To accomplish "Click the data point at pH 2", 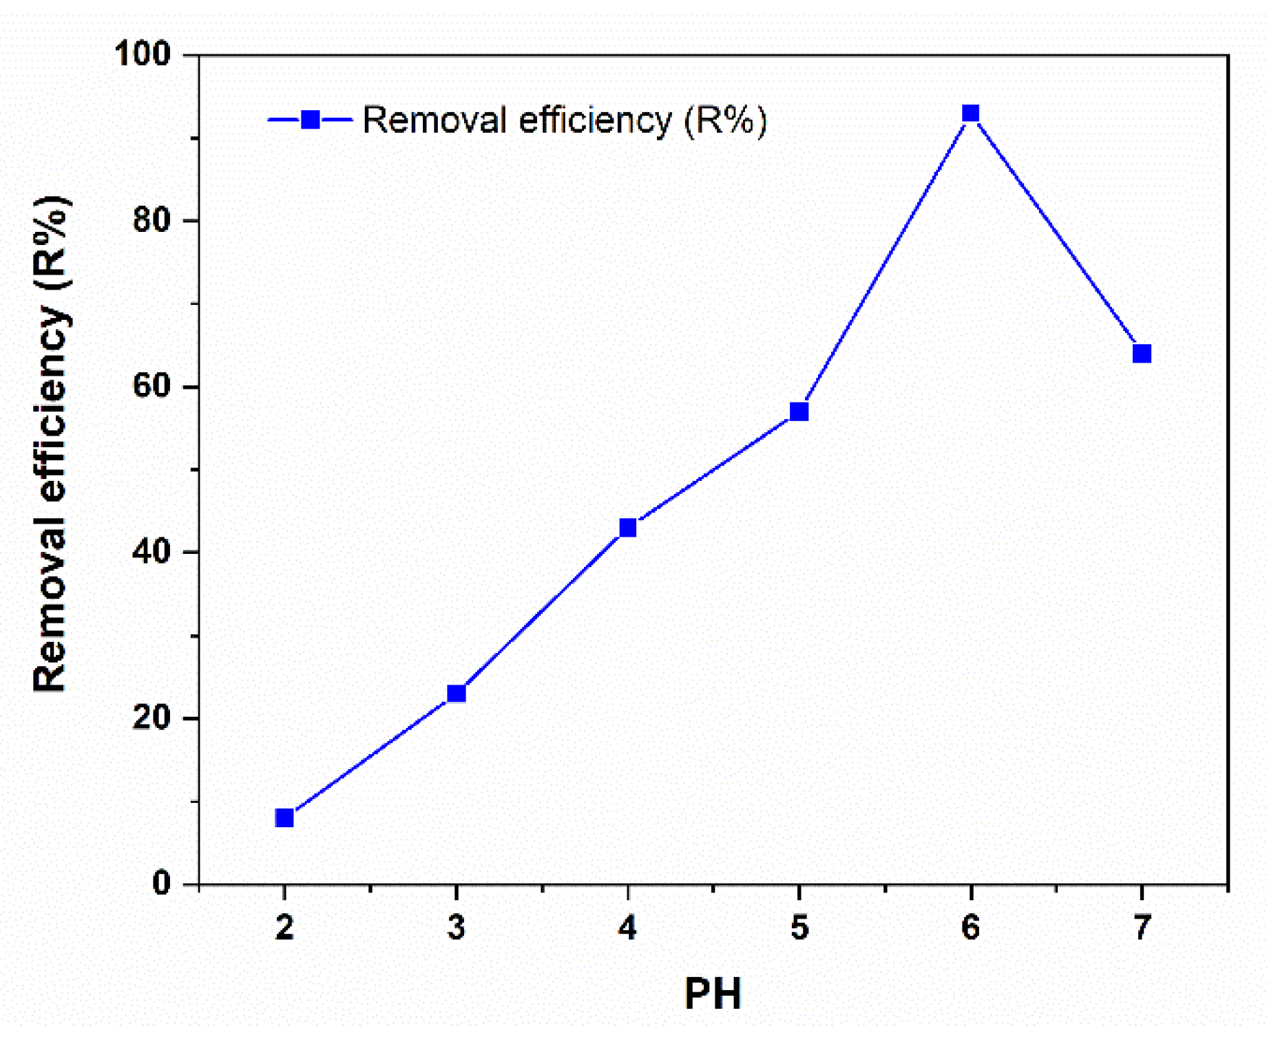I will [x=284, y=817].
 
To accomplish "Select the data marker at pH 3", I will [x=456, y=693].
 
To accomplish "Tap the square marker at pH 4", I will [x=627, y=528].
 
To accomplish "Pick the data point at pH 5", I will [x=799, y=411].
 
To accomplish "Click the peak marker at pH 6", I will [x=970, y=113].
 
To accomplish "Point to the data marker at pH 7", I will [x=1142, y=354].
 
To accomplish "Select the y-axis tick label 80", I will [x=151, y=220].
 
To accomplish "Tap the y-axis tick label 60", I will [x=151, y=386].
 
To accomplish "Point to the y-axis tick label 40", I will [x=151, y=552].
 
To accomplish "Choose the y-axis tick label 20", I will [x=151, y=718].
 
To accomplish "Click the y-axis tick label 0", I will [x=162, y=883].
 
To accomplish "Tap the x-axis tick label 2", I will [x=284, y=928].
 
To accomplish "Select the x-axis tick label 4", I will [x=627, y=928].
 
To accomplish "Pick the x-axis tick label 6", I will [x=970, y=928].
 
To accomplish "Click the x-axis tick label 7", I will [x=1142, y=928].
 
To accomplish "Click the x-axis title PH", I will [x=713, y=994].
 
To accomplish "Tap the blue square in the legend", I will [x=311, y=120].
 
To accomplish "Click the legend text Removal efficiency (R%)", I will [x=565, y=120].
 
